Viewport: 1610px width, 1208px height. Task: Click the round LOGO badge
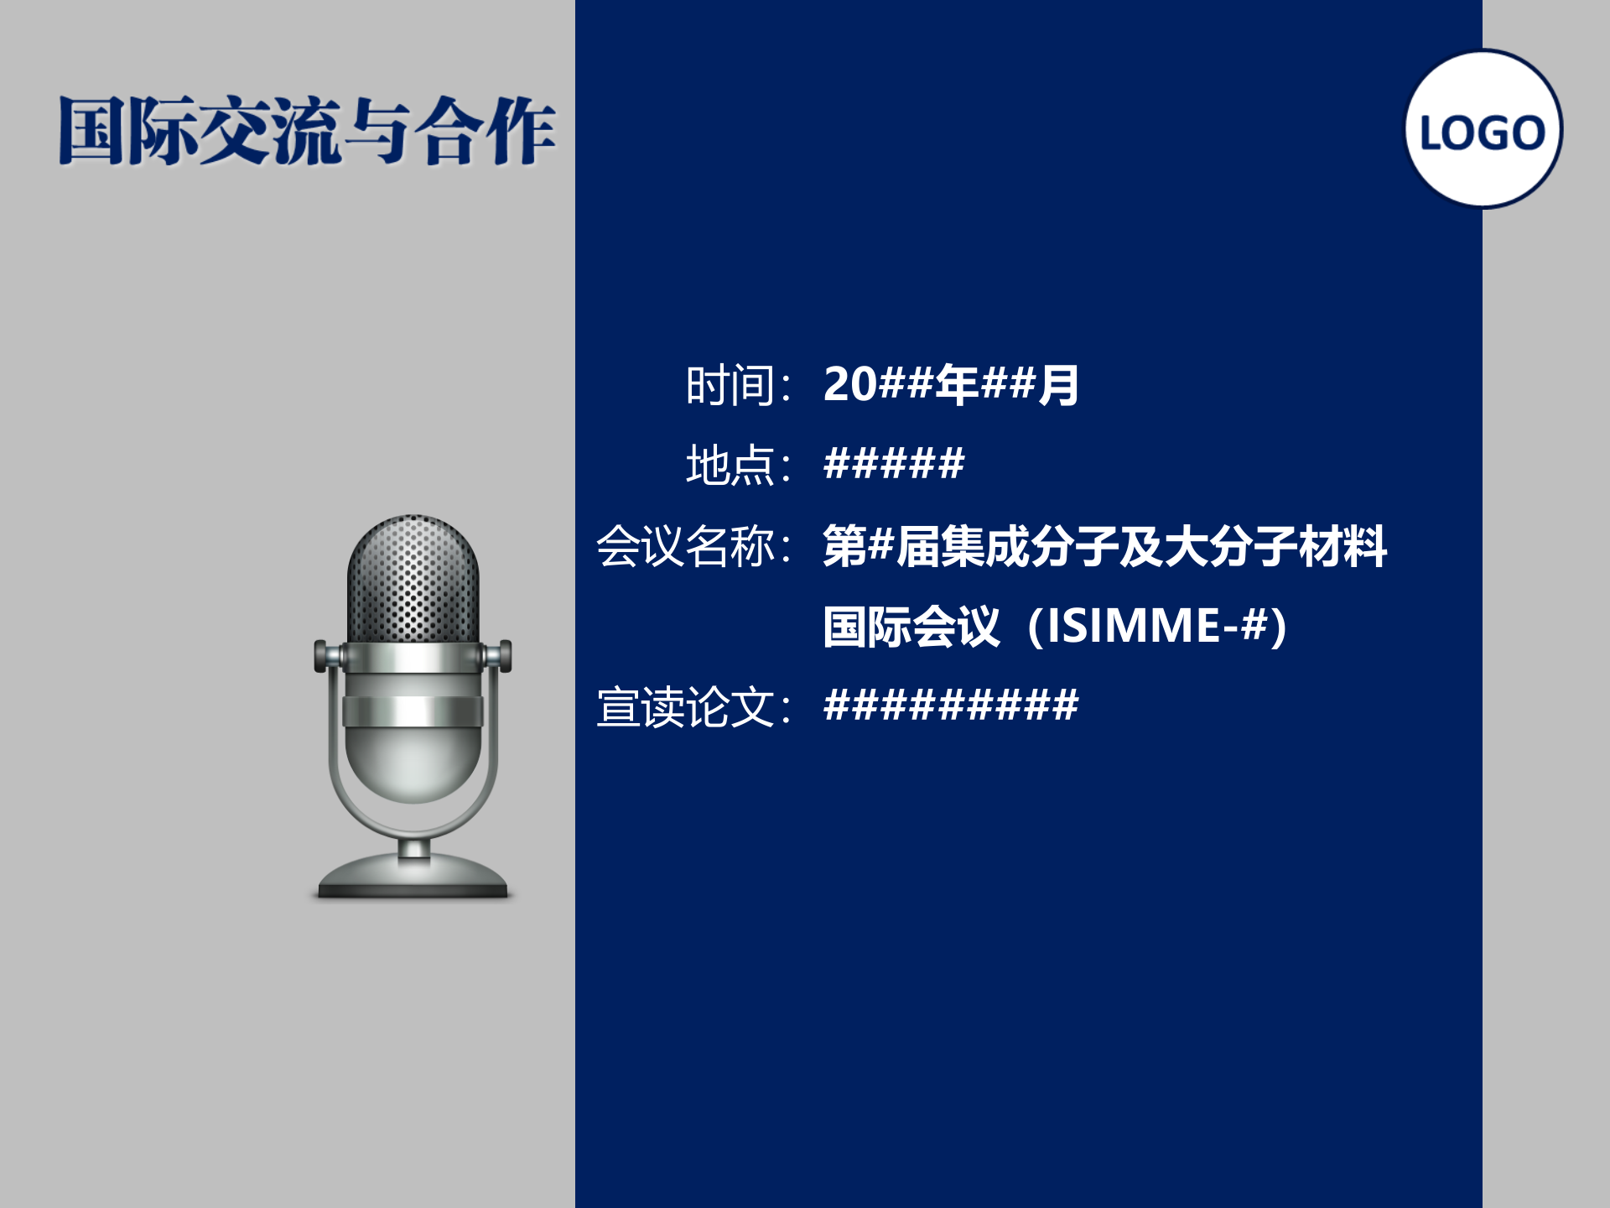coord(1483,129)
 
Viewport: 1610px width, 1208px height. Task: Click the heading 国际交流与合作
coord(307,131)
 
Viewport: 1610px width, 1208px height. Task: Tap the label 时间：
coord(739,386)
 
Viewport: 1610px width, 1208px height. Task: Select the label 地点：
coord(739,466)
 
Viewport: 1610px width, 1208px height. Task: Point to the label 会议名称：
coord(694,546)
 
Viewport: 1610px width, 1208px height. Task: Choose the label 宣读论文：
coord(694,706)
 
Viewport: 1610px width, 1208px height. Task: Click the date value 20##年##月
coord(951,385)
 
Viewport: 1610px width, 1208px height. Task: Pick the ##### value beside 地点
coord(894,464)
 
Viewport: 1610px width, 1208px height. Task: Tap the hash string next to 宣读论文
coord(951,705)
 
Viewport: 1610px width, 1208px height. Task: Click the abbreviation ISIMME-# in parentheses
coord(1157,626)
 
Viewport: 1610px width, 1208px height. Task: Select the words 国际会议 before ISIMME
coord(911,627)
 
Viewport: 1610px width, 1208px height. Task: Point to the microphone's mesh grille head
coord(413,579)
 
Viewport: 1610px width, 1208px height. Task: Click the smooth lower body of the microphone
coord(413,759)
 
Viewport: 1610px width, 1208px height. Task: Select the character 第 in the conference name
coord(844,546)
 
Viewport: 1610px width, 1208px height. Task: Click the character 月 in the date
coord(1058,385)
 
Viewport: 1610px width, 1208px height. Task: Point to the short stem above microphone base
coord(413,849)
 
